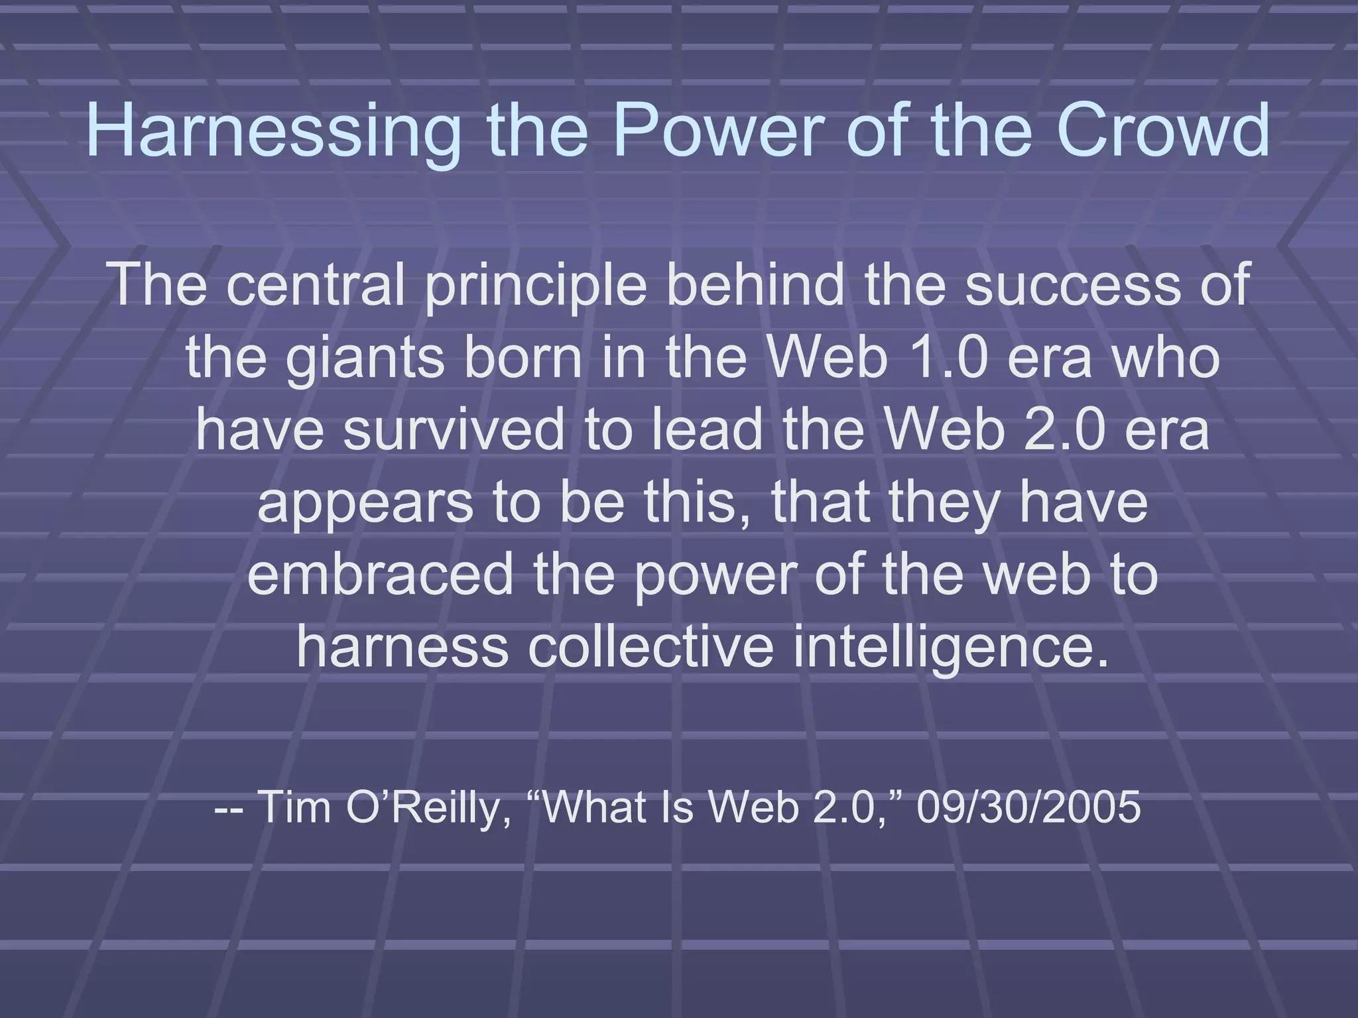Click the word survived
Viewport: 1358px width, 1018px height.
point(454,429)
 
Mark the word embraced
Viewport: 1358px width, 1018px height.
point(380,574)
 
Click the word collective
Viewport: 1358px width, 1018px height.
point(650,646)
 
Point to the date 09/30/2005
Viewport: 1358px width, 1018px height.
point(1028,807)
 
